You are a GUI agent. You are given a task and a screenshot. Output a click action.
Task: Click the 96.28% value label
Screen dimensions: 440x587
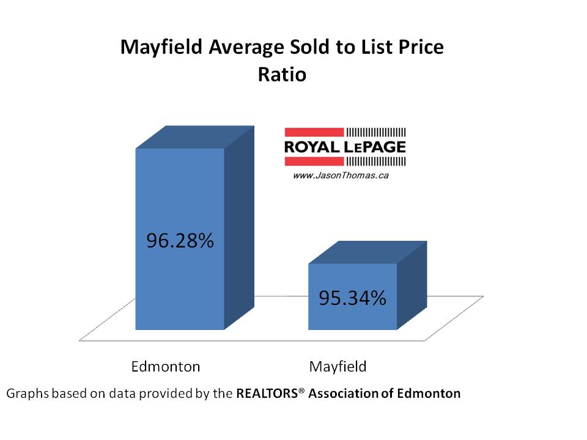(x=180, y=241)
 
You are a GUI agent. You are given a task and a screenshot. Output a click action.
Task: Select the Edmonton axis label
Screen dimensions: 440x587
(x=166, y=367)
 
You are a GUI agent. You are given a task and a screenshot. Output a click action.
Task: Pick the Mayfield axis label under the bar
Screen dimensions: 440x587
(x=338, y=367)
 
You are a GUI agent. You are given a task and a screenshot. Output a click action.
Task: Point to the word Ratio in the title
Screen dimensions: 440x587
(x=281, y=75)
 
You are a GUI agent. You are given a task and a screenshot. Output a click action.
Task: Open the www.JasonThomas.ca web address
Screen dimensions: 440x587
(x=341, y=175)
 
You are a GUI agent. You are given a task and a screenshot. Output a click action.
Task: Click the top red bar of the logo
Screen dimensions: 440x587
(x=313, y=132)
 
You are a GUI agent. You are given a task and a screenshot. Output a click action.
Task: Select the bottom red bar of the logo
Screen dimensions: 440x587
(x=313, y=161)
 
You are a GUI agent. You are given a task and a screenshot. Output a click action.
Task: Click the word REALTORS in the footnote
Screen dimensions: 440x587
(x=269, y=394)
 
